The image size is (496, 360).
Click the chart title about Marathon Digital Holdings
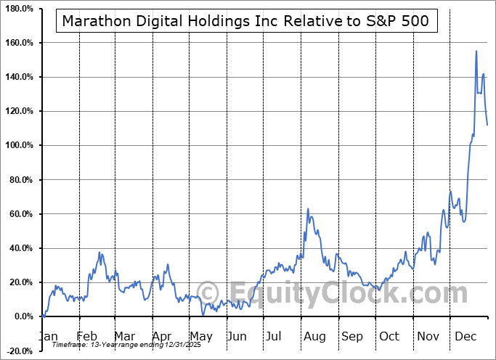246,21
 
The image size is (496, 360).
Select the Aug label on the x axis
314,336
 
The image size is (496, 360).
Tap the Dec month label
465,336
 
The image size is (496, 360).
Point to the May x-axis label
200,336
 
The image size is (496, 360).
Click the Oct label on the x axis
389,336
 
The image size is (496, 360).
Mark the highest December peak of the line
476,51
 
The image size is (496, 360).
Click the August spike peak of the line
308,209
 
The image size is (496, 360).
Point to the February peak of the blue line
100,253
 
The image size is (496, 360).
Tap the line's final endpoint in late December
487,125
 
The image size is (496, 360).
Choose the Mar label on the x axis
124,336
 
